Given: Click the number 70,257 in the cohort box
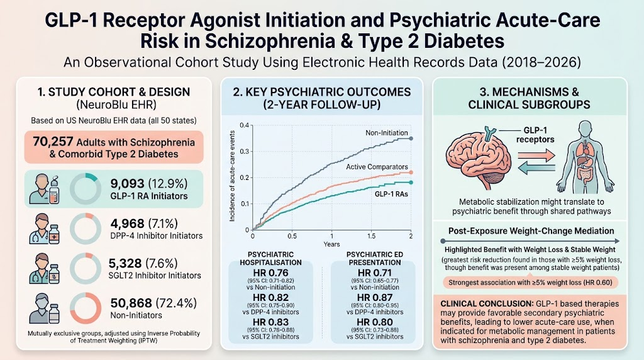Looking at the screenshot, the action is click(52, 142).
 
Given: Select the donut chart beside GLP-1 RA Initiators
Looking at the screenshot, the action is click(86, 189).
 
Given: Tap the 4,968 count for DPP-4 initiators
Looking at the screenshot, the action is click(127, 223).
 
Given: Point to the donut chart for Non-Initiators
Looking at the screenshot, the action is click(86, 308).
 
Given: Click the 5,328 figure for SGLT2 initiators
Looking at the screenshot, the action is click(125, 264).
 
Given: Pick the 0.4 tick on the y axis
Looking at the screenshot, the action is click(245, 125).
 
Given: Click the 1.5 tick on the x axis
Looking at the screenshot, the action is click(371, 236).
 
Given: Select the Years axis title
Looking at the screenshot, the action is click(331, 244).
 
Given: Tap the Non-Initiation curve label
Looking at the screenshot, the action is click(387, 133).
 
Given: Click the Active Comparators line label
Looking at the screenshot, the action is click(377, 167).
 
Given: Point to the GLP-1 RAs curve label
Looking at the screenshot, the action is click(391, 194).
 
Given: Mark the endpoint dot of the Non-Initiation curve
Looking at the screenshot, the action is click(411, 139).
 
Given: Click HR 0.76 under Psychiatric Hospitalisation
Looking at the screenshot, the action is click(270, 273).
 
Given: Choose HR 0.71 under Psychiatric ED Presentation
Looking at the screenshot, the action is click(375, 273).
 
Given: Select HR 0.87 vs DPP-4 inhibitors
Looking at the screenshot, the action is click(375, 298).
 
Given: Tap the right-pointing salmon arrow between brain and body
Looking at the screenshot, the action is click(536, 155).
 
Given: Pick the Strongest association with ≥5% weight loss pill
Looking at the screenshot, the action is click(530, 283).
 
